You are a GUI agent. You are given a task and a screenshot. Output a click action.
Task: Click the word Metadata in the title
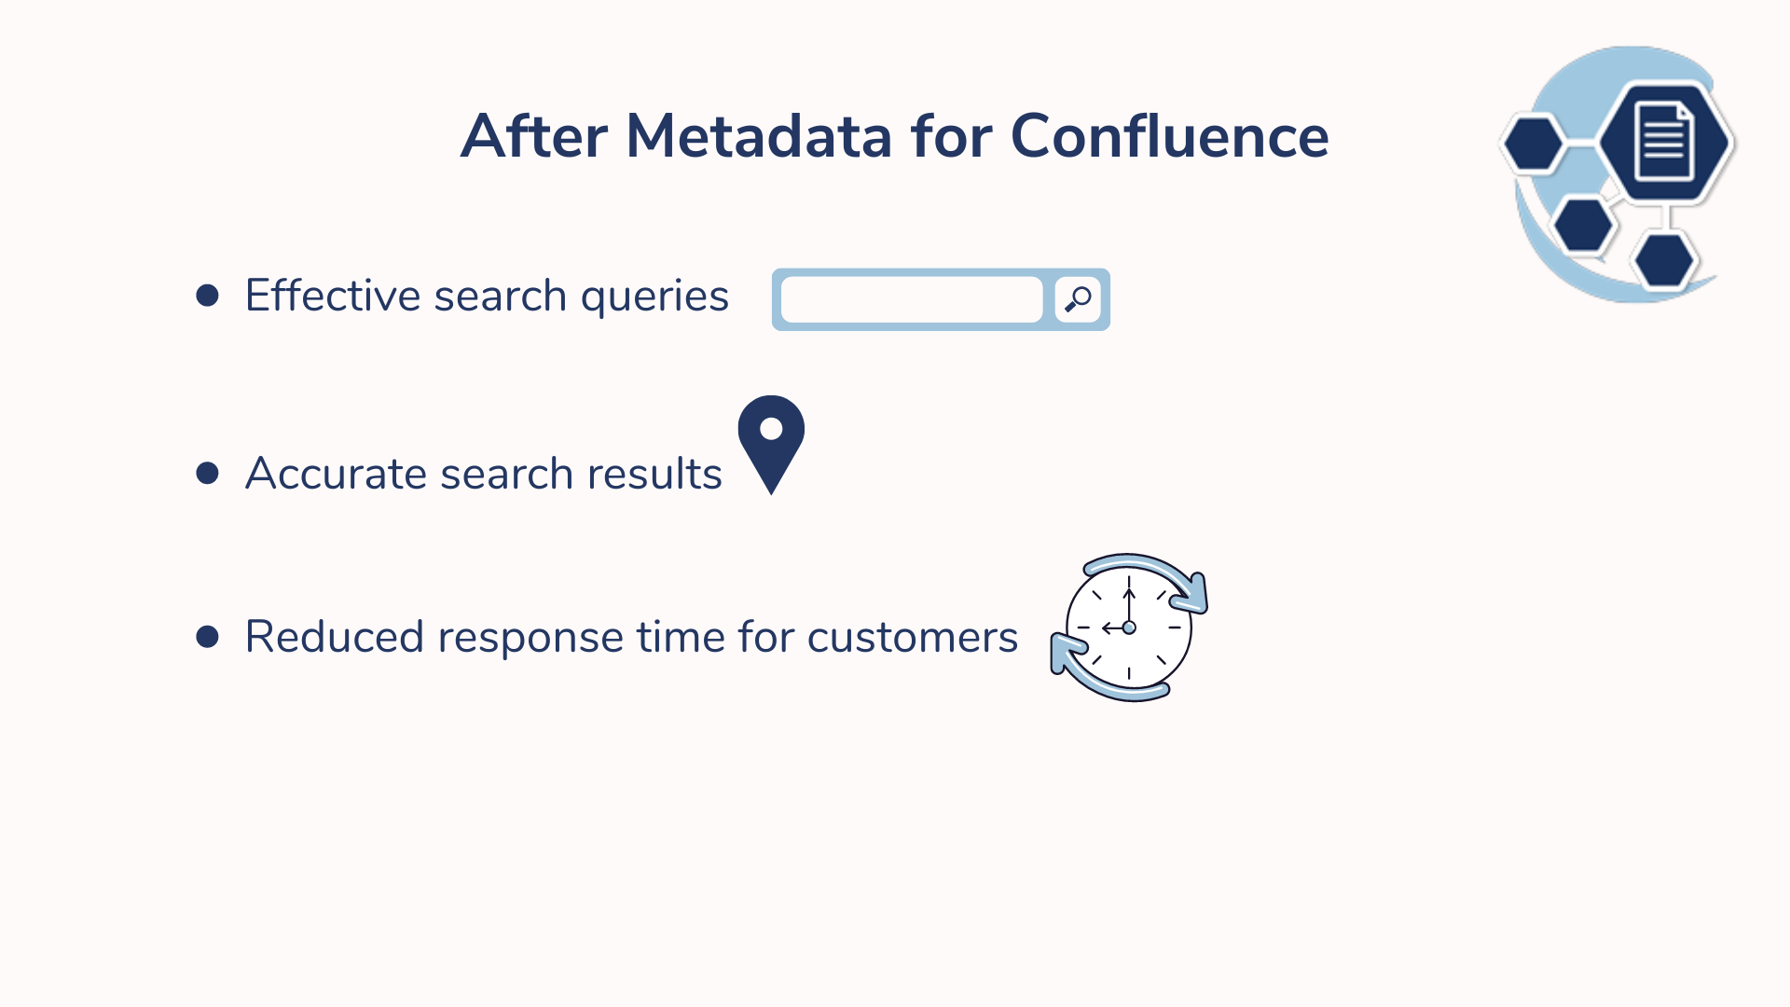[x=759, y=137]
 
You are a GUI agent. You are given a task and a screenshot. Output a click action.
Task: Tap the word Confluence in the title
[x=1169, y=137]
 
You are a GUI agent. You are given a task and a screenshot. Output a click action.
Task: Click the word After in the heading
[x=534, y=137]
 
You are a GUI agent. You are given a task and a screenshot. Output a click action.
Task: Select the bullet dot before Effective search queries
[x=207, y=296]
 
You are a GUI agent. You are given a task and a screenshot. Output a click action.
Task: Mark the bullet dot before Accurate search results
[x=207, y=474]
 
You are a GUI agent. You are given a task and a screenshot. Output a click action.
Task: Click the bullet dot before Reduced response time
[x=207, y=637]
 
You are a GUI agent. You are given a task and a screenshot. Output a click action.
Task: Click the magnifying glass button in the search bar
[x=1078, y=299]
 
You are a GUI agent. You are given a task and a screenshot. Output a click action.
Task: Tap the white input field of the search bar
[x=912, y=299]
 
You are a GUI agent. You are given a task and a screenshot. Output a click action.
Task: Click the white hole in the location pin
[x=771, y=429]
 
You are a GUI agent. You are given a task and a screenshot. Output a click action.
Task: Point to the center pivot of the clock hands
[x=1129, y=628]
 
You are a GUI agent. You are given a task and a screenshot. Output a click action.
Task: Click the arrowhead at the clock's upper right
[x=1193, y=593]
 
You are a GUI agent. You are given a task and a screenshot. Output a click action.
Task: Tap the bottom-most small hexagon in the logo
[x=1664, y=260]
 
